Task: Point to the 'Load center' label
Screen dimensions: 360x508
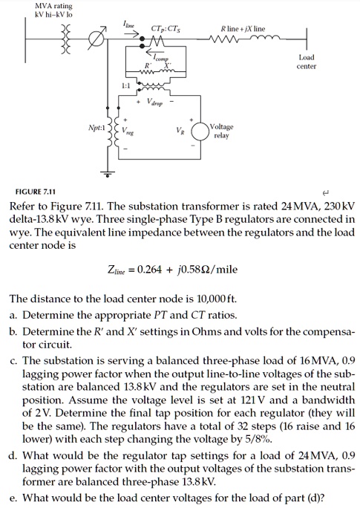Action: (x=307, y=62)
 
